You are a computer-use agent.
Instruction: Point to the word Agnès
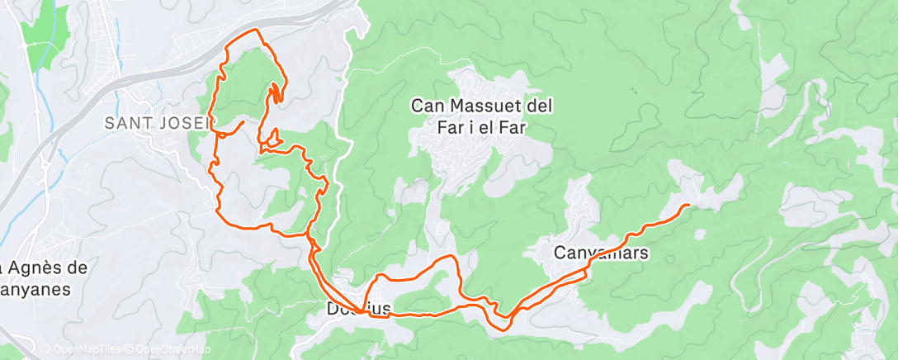pos(39,268)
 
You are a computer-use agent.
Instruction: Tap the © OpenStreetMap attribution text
pos(171,349)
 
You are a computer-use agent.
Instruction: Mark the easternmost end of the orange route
pos(688,204)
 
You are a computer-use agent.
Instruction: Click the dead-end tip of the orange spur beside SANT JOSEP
pos(243,122)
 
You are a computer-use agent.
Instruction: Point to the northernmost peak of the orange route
pos(258,31)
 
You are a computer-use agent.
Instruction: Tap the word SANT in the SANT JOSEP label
pos(126,123)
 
